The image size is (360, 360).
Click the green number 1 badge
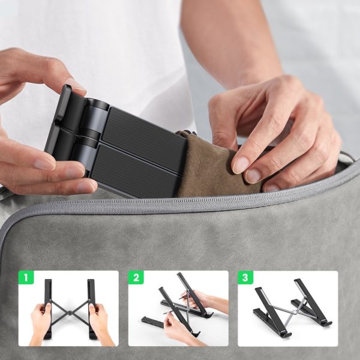[x=25, y=278]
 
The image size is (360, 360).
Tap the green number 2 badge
[x=136, y=278]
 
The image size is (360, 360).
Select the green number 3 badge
[x=245, y=278]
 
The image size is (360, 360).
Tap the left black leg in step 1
[x=47, y=300]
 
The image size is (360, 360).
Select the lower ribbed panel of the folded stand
[x=135, y=171]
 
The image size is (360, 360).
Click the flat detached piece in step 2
[x=155, y=323]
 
